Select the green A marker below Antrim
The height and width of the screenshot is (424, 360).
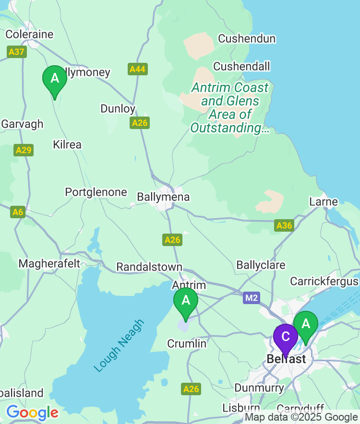[x=186, y=301]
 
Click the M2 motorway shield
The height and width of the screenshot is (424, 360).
[x=251, y=298]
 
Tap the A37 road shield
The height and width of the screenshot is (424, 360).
[x=16, y=51]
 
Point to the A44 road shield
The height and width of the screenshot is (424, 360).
[x=138, y=70]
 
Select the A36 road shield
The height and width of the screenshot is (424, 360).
[x=284, y=225]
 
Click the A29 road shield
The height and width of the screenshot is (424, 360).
[x=24, y=150]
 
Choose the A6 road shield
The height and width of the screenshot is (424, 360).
[x=18, y=212]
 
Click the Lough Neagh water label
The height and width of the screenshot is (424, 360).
[x=119, y=346]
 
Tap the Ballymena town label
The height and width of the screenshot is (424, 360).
[x=163, y=197]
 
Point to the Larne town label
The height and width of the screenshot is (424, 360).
[x=324, y=201]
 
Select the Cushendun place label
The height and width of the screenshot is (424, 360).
[x=247, y=39]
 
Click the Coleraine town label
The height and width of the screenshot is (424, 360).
[x=29, y=35]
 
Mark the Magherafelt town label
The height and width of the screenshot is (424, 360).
[x=49, y=264]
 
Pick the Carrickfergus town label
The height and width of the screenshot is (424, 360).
[x=324, y=281]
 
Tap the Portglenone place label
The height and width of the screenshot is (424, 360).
[x=96, y=192]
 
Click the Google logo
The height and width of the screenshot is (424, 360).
[x=32, y=412]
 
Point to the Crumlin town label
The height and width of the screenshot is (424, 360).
[x=187, y=344]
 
